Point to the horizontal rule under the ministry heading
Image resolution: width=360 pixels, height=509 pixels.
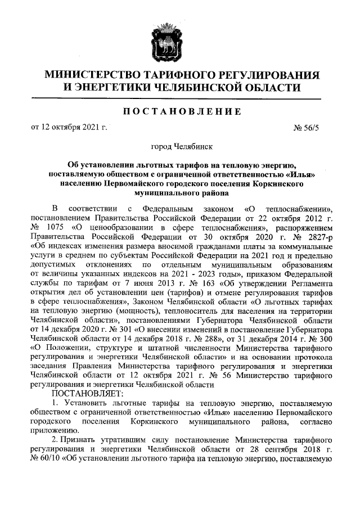click(179, 99)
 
